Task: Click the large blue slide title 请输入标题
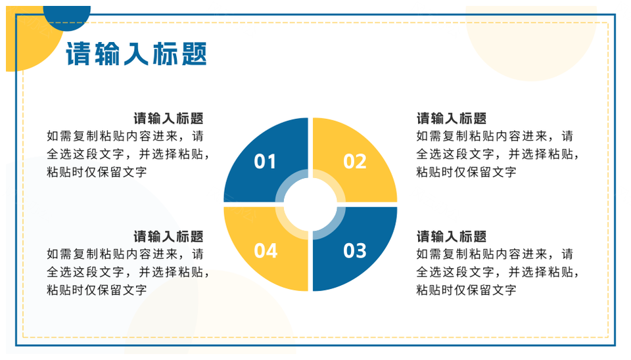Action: (137, 53)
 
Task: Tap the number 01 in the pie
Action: (265, 162)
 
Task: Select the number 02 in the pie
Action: (354, 162)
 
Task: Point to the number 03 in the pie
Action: (354, 250)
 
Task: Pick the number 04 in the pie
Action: (266, 250)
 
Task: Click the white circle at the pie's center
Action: (310, 204)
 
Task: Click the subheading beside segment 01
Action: (169, 119)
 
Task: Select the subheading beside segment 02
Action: (452, 119)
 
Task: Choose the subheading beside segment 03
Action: (452, 236)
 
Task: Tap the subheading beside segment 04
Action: (169, 236)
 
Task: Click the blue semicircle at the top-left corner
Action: (67, 18)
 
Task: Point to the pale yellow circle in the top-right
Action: (531, 43)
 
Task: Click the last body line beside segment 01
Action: (97, 172)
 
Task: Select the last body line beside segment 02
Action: (466, 172)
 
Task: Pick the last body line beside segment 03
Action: (466, 290)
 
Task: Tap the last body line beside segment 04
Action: (97, 290)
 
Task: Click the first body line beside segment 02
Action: (494, 136)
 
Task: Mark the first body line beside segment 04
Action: (125, 254)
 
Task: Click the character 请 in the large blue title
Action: (78, 53)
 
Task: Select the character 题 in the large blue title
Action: (195, 53)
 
